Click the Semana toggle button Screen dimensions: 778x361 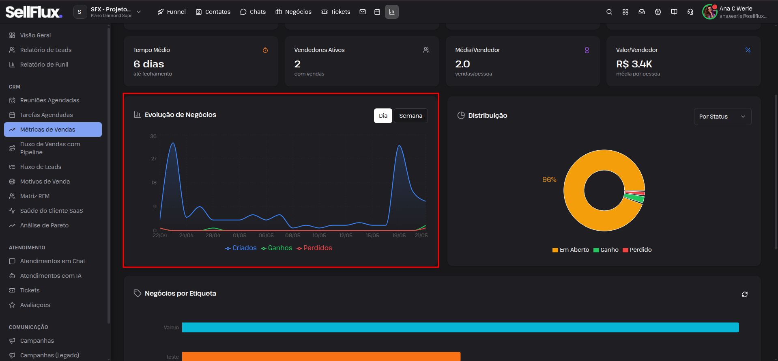410,116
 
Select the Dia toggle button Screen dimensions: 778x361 383,116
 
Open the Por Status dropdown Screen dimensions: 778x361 722,117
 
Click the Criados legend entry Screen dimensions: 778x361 241,248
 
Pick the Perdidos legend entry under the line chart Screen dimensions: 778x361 314,248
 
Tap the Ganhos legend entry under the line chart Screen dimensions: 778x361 277,248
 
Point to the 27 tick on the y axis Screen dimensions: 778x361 154,159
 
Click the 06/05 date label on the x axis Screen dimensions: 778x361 266,236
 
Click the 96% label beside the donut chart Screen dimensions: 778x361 549,180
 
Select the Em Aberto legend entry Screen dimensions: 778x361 571,250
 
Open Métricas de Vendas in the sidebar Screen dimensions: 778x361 53,130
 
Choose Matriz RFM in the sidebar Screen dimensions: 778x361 35,196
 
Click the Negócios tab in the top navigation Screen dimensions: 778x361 294,12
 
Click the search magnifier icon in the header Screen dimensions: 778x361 609,12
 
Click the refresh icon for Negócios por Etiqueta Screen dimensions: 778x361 745,294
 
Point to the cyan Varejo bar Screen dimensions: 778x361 460,327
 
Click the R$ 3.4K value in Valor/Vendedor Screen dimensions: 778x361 634,64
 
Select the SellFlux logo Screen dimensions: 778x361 34,12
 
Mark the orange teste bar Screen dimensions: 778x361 321,357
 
